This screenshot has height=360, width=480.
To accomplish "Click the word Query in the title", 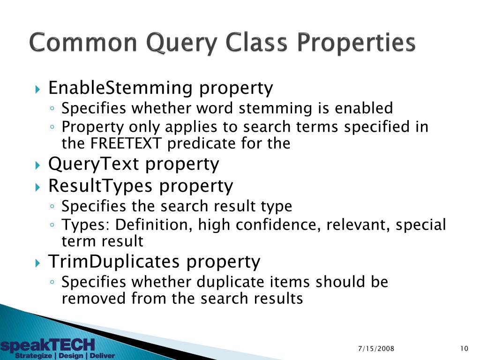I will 179,44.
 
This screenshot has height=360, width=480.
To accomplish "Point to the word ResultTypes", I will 101,186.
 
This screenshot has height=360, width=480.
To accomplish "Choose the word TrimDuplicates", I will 114,261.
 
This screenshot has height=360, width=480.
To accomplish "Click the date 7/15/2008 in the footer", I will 376,348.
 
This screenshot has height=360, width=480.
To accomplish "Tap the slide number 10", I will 464,348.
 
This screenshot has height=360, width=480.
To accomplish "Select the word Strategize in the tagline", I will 33,356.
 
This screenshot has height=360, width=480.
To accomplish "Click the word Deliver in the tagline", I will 102,356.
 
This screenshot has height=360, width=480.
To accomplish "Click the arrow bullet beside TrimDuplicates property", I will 38,262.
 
